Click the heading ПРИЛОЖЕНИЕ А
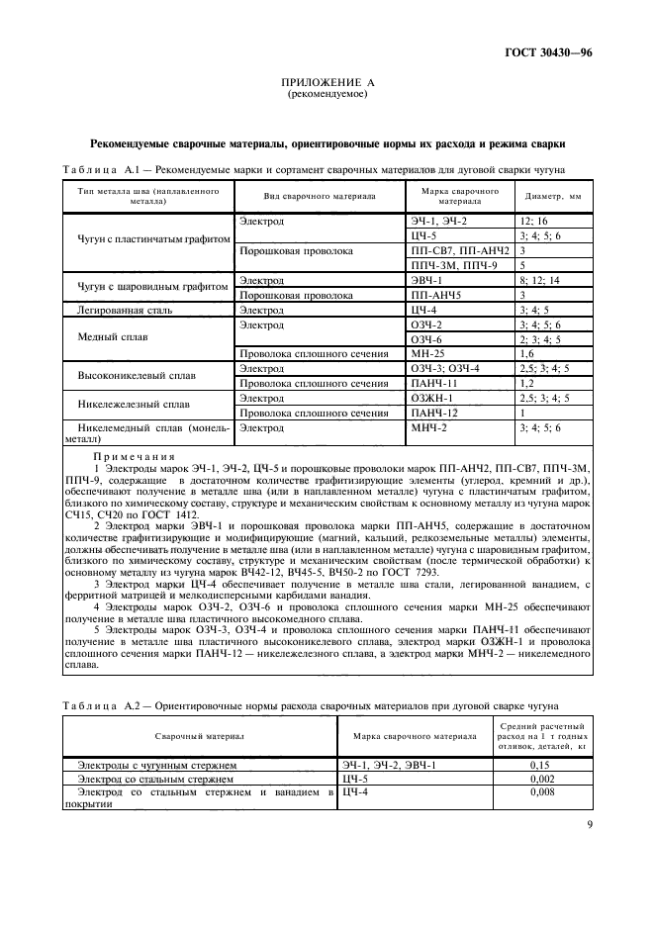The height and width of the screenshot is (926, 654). click(x=327, y=84)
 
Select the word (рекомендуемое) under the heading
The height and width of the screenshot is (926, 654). click(x=327, y=95)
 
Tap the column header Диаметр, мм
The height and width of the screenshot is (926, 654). click(x=552, y=196)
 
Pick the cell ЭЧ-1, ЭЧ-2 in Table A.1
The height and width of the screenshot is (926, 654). click(x=438, y=222)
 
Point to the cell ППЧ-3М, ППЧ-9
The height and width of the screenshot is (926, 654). click(x=454, y=266)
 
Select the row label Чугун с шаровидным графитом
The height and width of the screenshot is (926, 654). click(x=145, y=288)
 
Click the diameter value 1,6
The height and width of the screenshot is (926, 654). click(x=527, y=353)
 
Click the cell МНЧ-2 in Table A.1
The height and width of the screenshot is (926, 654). click(x=429, y=427)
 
